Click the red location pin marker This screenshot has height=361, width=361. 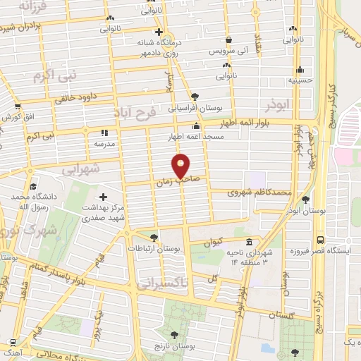pyautogui.click(x=180, y=164)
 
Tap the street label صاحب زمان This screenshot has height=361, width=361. pyautogui.click(x=174, y=181)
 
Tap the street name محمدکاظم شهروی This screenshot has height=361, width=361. pyautogui.click(x=260, y=192)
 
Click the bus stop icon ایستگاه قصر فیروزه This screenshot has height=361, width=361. pyautogui.click(x=321, y=240)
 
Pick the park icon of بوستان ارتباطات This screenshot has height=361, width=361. pyautogui.click(x=154, y=237)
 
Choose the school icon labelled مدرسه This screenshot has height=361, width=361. pyautogui.click(x=104, y=132)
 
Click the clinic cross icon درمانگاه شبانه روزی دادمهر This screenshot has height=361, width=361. pyautogui.click(x=159, y=32)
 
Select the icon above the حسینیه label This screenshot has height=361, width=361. pyautogui.click(x=300, y=70)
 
